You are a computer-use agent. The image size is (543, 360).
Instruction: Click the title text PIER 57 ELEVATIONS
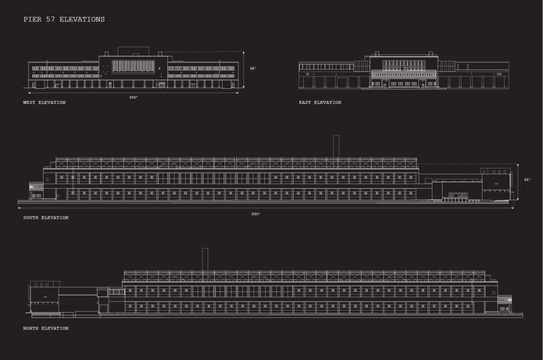(x=64, y=19)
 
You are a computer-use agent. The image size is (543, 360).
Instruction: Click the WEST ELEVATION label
(x=45, y=103)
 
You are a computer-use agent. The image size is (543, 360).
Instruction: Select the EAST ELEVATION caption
(x=320, y=102)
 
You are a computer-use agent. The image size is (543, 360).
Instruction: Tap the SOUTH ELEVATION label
(x=46, y=217)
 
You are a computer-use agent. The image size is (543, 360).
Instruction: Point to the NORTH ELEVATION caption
(x=45, y=328)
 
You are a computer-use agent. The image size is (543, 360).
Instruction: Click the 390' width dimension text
(x=133, y=97)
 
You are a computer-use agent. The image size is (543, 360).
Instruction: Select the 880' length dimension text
(x=255, y=213)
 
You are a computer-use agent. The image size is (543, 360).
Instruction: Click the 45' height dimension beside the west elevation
(x=252, y=69)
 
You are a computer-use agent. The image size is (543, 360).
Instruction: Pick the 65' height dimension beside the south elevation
(x=527, y=180)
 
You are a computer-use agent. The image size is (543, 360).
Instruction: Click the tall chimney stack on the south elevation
(x=336, y=146)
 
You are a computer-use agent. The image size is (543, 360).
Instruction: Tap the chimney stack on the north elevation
(x=205, y=259)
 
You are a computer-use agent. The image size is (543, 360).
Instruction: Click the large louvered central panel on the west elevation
(x=134, y=66)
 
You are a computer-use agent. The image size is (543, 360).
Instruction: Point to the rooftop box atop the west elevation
(x=133, y=52)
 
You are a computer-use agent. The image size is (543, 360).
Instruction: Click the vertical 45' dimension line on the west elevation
(x=244, y=70)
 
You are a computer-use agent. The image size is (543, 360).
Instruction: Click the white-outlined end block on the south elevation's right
(x=495, y=183)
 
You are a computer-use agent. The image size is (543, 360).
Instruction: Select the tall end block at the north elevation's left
(x=44, y=297)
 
